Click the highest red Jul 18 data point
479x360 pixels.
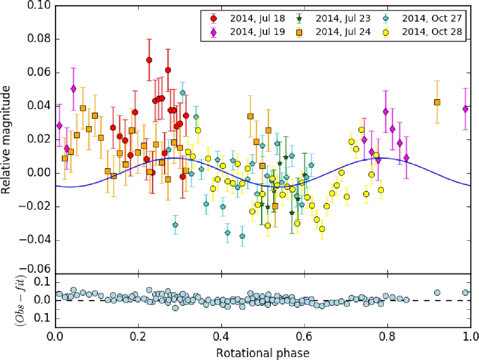click(x=149, y=60)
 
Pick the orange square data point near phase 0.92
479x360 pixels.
click(x=437, y=102)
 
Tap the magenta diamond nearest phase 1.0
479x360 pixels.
click(x=465, y=109)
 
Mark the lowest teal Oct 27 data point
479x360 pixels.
click(x=242, y=236)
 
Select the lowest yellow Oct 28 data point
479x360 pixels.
click(x=322, y=229)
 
